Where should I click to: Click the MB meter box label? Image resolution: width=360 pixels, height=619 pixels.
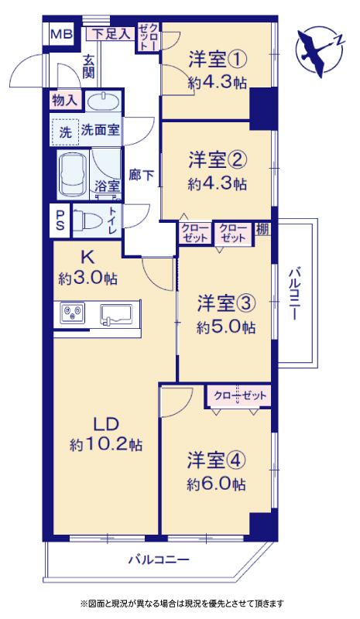pyautogui.click(x=61, y=34)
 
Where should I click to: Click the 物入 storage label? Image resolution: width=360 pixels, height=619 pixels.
pyautogui.click(x=64, y=101)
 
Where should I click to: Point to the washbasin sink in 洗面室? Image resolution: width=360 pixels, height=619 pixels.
pyautogui.click(x=103, y=102)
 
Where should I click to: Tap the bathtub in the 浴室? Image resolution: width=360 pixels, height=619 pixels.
pyautogui.click(x=72, y=175)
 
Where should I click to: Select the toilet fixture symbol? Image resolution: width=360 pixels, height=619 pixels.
pyautogui.click(x=89, y=220)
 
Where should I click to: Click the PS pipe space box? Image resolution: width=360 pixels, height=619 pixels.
pyautogui.click(x=60, y=221)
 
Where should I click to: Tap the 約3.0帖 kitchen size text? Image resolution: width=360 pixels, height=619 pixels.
pyautogui.click(x=87, y=279)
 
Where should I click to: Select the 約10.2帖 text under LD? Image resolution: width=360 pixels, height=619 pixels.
pyautogui.click(x=106, y=446)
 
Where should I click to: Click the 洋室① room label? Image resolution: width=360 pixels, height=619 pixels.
pyautogui.click(x=218, y=60)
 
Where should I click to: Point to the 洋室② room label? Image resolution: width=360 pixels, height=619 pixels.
pyautogui.click(x=218, y=160)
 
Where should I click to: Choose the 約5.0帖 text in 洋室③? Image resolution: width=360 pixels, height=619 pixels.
pyautogui.click(x=226, y=327)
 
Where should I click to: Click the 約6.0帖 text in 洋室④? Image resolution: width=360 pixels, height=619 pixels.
pyautogui.click(x=216, y=484)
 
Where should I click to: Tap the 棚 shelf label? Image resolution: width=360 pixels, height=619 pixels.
pyautogui.click(x=262, y=229)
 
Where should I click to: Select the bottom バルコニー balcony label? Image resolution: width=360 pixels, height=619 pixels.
pyautogui.click(x=159, y=559)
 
